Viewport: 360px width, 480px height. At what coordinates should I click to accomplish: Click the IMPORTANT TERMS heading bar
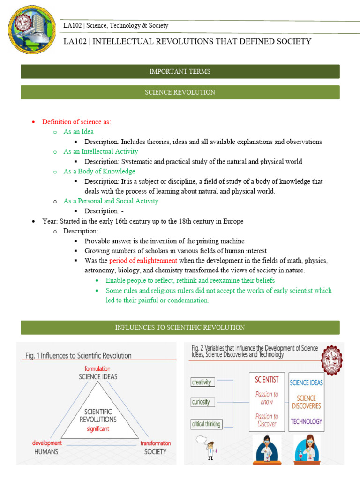pyautogui.click(x=180, y=71)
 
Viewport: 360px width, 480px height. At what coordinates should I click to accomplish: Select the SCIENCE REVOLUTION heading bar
pyautogui.click(x=180, y=92)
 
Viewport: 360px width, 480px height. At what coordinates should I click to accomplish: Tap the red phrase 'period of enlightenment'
pyautogui.click(x=143, y=261)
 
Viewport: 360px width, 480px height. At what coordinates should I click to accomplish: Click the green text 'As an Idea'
pyautogui.click(x=79, y=132)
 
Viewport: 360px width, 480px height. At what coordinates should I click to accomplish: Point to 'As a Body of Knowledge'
pyautogui.click(x=99, y=172)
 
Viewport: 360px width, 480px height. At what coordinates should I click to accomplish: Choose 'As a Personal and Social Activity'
pyautogui.click(x=111, y=201)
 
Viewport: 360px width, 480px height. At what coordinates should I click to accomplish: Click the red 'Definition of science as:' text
pyautogui.click(x=76, y=122)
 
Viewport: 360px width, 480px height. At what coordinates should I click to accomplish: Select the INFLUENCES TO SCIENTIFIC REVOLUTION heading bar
pyautogui.click(x=180, y=327)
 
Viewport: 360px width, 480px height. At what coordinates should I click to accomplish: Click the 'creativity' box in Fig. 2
pyautogui.click(x=202, y=382)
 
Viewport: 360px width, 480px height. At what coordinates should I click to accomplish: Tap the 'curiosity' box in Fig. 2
pyautogui.click(x=201, y=402)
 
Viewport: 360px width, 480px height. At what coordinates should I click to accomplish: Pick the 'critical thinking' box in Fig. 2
pyautogui.click(x=206, y=424)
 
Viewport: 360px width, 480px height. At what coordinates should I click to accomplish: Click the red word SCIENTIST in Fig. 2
pyautogui.click(x=266, y=379)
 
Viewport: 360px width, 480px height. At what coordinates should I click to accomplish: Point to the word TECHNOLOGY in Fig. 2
pyautogui.click(x=306, y=421)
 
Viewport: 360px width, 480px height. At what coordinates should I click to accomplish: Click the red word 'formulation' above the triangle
pyautogui.click(x=97, y=368)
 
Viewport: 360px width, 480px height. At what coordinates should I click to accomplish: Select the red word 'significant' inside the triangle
pyautogui.click(x=98, y=428)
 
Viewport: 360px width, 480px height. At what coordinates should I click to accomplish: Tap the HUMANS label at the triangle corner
pyautogui.click(x=46, y=452)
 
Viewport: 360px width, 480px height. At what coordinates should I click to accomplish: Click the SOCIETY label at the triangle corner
pyautogui.click(x=155, y=452)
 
